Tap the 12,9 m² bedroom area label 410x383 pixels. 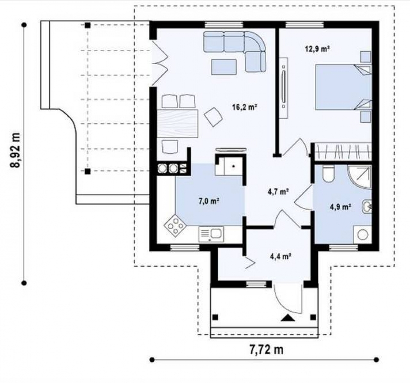[x=317, y=49]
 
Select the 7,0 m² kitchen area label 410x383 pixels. [x=209, y=201]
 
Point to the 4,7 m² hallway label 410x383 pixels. [x=278, y=192]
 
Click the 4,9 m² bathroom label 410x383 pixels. [x=340, y=207]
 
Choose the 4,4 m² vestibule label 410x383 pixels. [x=281, y=256]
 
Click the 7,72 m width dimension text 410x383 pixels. [x=266, y=349]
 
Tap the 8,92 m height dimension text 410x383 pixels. [x=15, y=150]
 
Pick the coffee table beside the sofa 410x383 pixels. [x=224, y=67]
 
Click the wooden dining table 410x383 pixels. [x=177, y=123]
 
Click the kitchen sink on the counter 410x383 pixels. [x=211, y=234]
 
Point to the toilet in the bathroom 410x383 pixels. [x=328, y=174]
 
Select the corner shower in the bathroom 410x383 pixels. [x=360, y=177]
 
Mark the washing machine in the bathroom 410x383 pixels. [x=362, y=235]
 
